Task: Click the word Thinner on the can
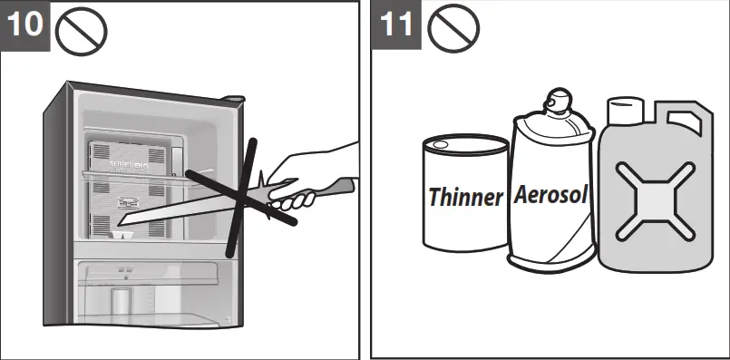465,197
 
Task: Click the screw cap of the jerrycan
622,112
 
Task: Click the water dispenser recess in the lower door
121,299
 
